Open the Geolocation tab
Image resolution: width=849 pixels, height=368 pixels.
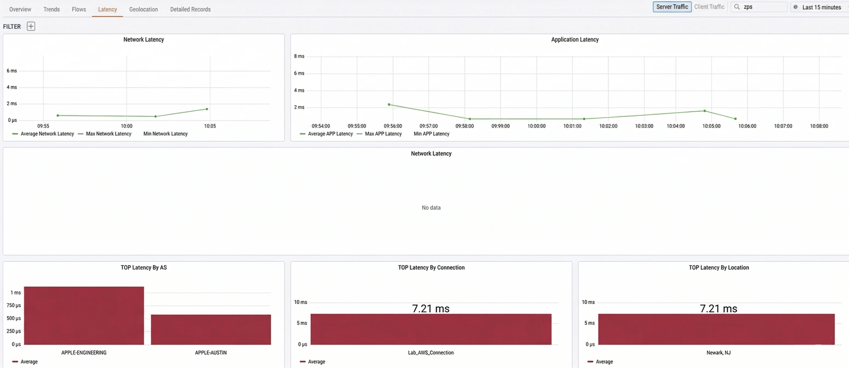[143, 9]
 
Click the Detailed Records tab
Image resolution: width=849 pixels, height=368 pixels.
[190, 9]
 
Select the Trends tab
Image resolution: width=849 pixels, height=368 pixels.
[51, 9]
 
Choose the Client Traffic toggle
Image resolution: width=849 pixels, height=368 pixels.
[709, 7]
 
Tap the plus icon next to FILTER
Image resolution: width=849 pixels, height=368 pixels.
[31, 26]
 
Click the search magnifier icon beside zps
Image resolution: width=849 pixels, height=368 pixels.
[737, 7]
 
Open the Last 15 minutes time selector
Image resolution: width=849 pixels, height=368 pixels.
[821, 7]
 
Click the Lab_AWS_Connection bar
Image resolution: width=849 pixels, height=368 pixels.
[431, 329]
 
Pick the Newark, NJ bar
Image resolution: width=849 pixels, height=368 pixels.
[716, 329]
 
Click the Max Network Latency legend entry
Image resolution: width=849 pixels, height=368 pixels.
[109, 134]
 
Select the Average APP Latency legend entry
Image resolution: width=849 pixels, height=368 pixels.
[330, 134]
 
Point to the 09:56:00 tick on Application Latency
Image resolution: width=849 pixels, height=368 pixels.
[393, 126]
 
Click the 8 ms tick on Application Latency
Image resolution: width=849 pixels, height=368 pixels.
[299, 56]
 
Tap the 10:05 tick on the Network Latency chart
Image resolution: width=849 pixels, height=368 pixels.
[210, 126]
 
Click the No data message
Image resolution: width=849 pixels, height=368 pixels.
[431, 208]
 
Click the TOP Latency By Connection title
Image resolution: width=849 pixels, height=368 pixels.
[431, 267]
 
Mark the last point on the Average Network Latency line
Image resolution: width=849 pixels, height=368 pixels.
[207, 109]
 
